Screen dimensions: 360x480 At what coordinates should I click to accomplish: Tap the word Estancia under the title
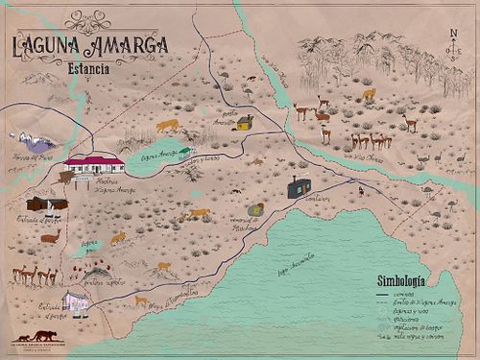tap(83, 70)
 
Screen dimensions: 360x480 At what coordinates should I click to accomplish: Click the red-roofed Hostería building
tap(93, 162)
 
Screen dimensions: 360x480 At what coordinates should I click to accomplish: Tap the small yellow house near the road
tap(245, 123)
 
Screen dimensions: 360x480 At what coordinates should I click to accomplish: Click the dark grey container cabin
tap(299, 188)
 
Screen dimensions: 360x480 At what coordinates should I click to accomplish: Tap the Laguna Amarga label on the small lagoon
tap(159, 155)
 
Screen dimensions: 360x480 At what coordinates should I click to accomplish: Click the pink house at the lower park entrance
tap(78, 303)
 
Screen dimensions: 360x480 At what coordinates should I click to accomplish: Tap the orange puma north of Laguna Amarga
tap(167, 126)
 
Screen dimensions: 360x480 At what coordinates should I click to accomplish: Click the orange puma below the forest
tap(369, 94)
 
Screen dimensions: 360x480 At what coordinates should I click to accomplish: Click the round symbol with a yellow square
tap(255, 209)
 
